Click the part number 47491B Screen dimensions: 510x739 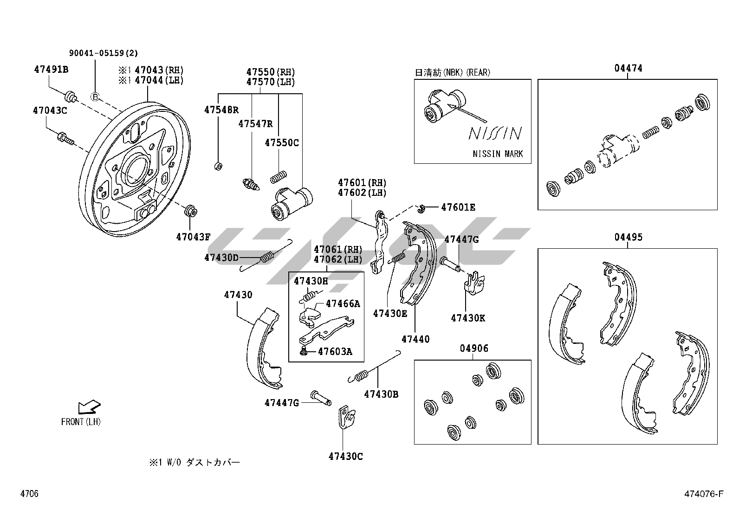(51, 70)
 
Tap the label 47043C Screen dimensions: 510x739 (50, 110)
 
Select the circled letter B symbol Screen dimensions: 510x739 (95, 97)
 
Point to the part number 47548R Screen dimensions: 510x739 (221, 110)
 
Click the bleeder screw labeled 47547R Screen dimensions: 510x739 (251, 184)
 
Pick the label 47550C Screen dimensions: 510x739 (282, 142)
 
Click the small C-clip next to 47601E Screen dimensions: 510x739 (421, 208)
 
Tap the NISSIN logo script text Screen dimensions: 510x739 (495, 133)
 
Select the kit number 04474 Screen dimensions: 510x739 (628, 68)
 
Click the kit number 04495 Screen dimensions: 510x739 (628, 237)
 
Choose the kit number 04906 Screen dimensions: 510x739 (474, 348)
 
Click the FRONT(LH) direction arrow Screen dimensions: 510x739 (89, 407)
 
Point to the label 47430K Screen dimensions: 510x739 (467, 318)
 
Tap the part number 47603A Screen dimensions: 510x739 (335, 351)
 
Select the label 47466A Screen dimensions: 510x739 (343, 303)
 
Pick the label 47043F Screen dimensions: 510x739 (193, 237)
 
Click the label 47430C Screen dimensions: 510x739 (345, 456)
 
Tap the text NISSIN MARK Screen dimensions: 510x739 (498, 154)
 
